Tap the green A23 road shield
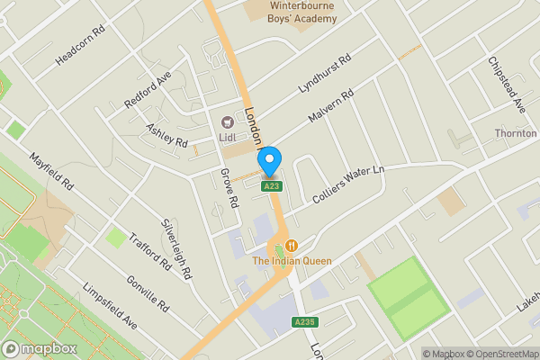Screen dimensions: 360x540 (x=271, y=186)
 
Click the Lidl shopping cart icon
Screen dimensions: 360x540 (x=228, y=121)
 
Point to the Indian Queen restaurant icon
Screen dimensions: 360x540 (x=292, y=245)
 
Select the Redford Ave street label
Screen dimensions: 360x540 (x=148, y=91)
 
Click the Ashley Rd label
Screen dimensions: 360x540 (x=166, y=136)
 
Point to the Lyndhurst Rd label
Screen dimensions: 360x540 (x=324, y=78)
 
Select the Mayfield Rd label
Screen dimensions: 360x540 (x=50, y=169)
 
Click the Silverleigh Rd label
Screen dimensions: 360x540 (x=176, y=247)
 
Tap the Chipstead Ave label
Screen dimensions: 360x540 (x=507, y=85)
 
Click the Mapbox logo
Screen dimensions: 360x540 (x=40, y=348)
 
